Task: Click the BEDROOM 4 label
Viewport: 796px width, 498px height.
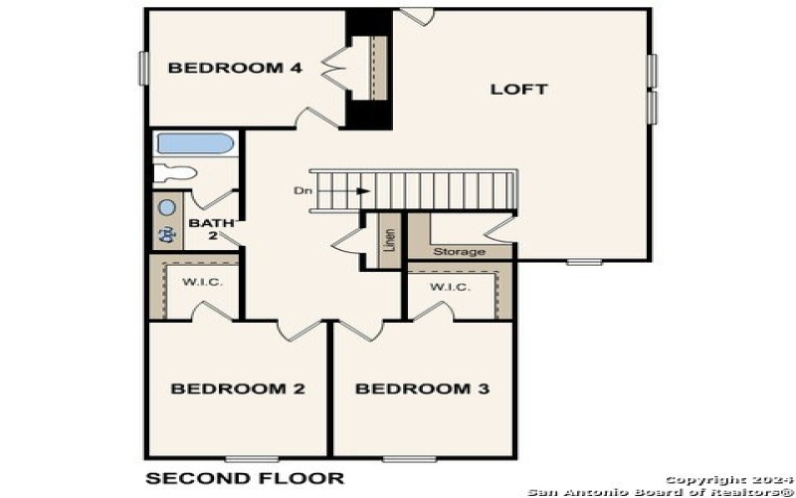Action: pyautogui.click(x=234, y=68)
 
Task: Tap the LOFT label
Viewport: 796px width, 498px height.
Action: pyautogui.click(x=518, y=89)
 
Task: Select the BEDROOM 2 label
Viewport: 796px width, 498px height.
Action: pyautogui.click(x=237, y=388)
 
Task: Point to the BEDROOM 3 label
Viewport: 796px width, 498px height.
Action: pyautogui.click(x=422, y=388)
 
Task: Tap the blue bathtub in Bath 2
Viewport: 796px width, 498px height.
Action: pyautogui.click(x=195, y=143)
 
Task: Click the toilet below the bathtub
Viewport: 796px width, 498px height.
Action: pyautogui.click(x=175, y=172)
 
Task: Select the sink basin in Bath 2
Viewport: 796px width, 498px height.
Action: pyautogui.click(x=167, y=208)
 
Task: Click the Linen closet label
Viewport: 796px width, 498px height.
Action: pyautogui.click(x=389, y=242)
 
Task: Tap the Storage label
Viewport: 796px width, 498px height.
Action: pyautogui.click(x=459, y=252)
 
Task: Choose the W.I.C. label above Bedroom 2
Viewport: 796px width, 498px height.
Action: pyautogui.click(x=201, y=283)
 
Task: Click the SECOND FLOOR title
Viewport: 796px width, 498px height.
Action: pyautogui.click(x=245, y=479)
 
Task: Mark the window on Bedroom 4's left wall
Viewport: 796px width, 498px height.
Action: pyautogui.click(x=142, y=68)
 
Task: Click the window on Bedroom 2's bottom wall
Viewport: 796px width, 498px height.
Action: pyautogui.click(x=252, y=458)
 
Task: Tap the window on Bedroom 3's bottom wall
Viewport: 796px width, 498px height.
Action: pyautogui.click(x=410, y=458)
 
